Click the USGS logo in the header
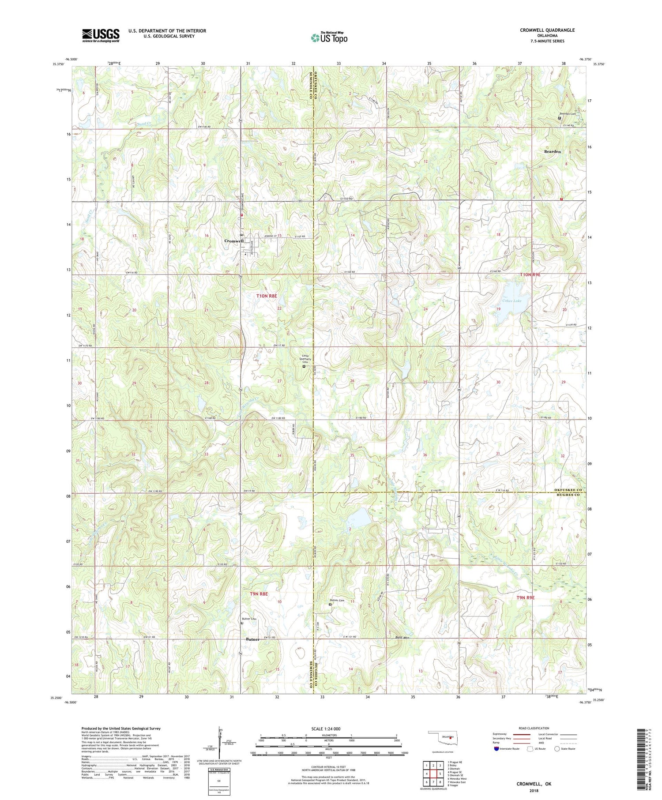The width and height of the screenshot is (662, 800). [101, 35]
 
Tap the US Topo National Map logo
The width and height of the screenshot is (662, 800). [329, 38]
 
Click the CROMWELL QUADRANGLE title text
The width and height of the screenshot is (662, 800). [547, 30]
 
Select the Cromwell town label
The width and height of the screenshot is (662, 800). [234, 241]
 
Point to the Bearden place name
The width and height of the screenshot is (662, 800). [552, 151]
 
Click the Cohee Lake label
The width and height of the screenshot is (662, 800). [512, 301]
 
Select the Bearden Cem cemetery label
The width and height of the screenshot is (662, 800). [568, 114]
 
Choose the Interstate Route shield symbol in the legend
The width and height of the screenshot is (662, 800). [496, 749]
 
